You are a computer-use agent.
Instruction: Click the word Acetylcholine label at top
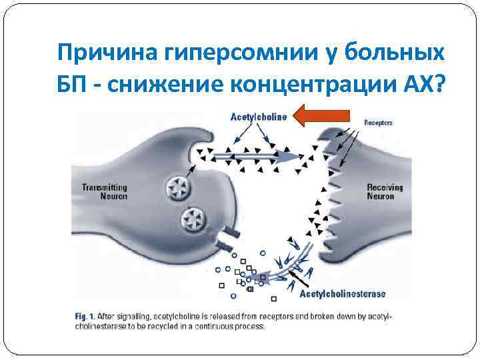[259, 117]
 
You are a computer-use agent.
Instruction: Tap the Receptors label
[378, 123]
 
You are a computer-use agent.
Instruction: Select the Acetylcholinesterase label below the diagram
[343, 294]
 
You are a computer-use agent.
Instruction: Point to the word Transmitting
[105, 188]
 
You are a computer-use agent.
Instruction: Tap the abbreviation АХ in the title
[419, 85]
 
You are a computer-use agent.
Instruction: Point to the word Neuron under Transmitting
[104, 197]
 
